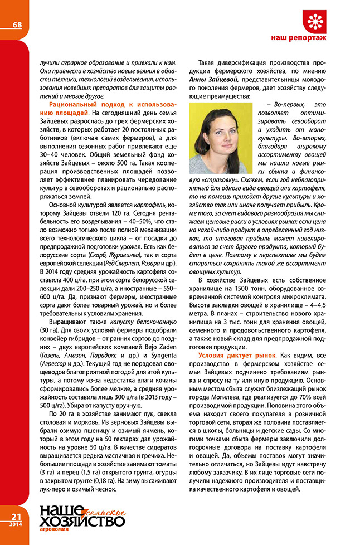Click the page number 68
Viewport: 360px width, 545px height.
point(17,25)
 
